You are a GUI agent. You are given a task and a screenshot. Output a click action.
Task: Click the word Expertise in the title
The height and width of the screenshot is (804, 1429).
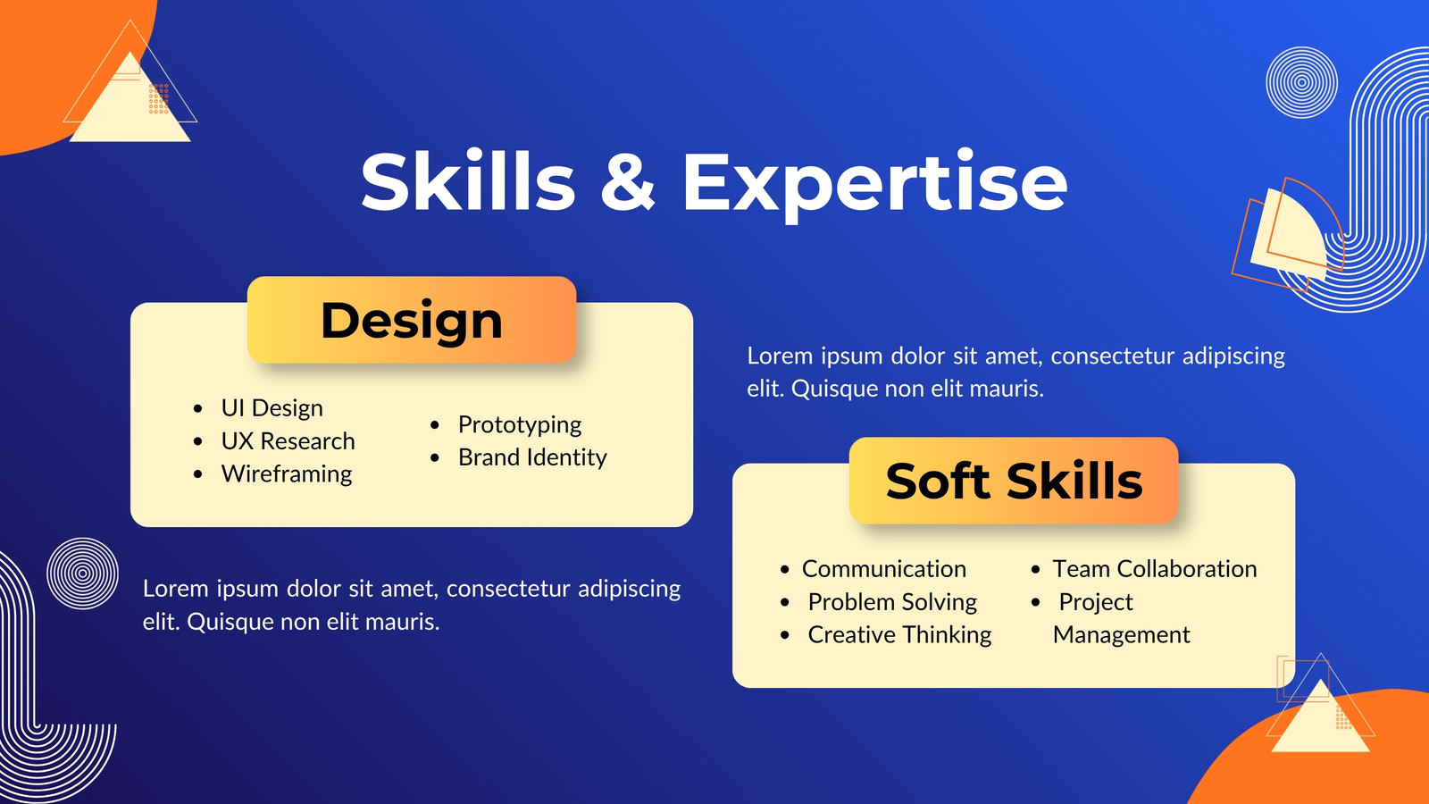pos(874,184)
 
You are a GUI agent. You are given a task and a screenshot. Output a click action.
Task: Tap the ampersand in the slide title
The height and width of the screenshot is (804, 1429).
pos(628,181)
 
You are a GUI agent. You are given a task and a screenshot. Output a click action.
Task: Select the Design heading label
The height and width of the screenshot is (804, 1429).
pos(412,320)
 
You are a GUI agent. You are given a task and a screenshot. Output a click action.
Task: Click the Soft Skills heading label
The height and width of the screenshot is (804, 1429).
pos(1014,481)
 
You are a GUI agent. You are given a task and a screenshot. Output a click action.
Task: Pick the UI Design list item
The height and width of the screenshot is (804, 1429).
pos(272,408)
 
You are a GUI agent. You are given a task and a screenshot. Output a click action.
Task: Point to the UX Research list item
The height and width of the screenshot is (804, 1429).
pos(288,441)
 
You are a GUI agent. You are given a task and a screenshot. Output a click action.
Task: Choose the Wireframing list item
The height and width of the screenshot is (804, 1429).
pos(287,474)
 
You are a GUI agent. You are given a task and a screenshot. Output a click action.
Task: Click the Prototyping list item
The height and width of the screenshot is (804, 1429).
pos(519,425)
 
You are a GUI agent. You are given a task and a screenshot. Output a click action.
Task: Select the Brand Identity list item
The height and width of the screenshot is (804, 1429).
pos(532,457)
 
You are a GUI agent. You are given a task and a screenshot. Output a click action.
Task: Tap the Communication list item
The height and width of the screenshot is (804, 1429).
pos(883,568)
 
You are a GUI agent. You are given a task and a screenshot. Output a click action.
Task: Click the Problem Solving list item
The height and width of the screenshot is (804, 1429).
pos(892,602)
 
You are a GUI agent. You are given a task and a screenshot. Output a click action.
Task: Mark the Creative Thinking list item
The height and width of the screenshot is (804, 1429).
pos(899,635)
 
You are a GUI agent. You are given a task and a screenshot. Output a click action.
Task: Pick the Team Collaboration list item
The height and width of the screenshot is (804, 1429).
pos(1154,568)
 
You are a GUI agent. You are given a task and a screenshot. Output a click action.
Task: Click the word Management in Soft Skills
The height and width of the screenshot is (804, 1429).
pos(1121,635)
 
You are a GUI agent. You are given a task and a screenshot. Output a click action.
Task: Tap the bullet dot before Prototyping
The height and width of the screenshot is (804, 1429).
pos(435,425)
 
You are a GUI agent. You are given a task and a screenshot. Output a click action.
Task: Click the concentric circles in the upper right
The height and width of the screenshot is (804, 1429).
pos(1301,82)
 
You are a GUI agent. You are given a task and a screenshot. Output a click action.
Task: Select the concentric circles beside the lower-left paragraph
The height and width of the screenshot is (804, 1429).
pos(82,574)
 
